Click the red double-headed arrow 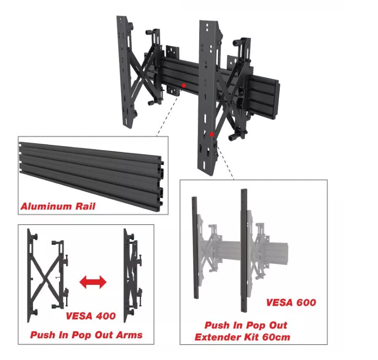[x=93, y=282]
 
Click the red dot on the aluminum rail [x=184, y=85]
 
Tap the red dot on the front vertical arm [x=212, y=134]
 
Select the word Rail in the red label [x=86, y=206]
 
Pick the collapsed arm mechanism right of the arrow [x=133, y=275]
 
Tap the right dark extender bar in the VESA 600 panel [x=244, y=250]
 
